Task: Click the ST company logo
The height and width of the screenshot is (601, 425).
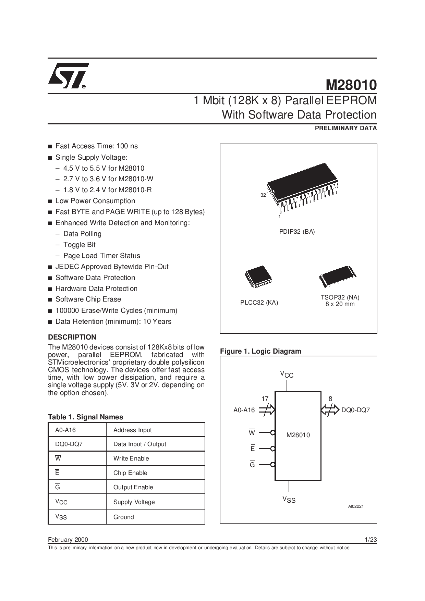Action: pyautogui.click(x=69, y=76)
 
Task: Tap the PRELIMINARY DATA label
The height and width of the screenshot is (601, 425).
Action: pyautogui.click(x=346, y=128)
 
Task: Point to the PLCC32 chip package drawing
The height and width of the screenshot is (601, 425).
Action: pyautogui.click(x=258, y=276)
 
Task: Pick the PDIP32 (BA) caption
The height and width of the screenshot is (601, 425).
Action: pyautogui.click(x=297, y=232)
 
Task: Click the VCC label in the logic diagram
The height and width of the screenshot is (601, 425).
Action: pyautogui.click(x=287, y=374)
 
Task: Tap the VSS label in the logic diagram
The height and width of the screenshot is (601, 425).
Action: pyautogui.click(x=289, y=500)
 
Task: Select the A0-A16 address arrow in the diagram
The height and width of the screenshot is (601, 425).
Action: pyautogui.click(x=267, y=410)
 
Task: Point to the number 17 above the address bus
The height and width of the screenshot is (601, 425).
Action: pyautogui.click(x=265, y=399)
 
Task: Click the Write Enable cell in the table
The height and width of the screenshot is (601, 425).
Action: pyautogui.click(x=131, y=458)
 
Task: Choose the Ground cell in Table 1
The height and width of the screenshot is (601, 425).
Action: pyautogui.click(x=124, y=517)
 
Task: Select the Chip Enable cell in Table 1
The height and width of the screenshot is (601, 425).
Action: pyautogui.click(x=130, y=473)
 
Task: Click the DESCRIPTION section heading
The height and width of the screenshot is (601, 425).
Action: pyautogui.click(x=72, y=337)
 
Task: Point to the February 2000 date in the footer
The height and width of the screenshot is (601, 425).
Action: pyautogui.click(x=68, y=540)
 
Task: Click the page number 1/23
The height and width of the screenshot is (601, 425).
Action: pyautogui.click(x=371, y=540)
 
